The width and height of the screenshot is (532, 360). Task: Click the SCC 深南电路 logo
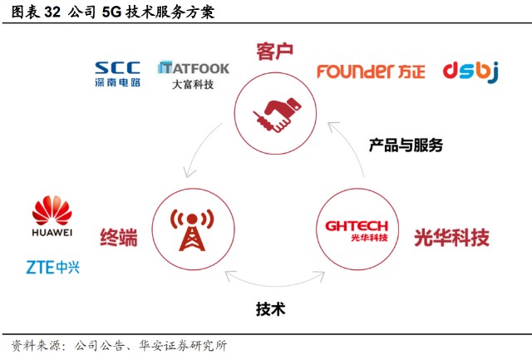(117, 73)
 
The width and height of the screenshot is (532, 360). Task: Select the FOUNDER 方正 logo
(371, 71)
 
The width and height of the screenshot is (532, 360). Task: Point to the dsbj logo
(470, 72)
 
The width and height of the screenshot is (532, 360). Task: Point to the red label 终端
(119, 239)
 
